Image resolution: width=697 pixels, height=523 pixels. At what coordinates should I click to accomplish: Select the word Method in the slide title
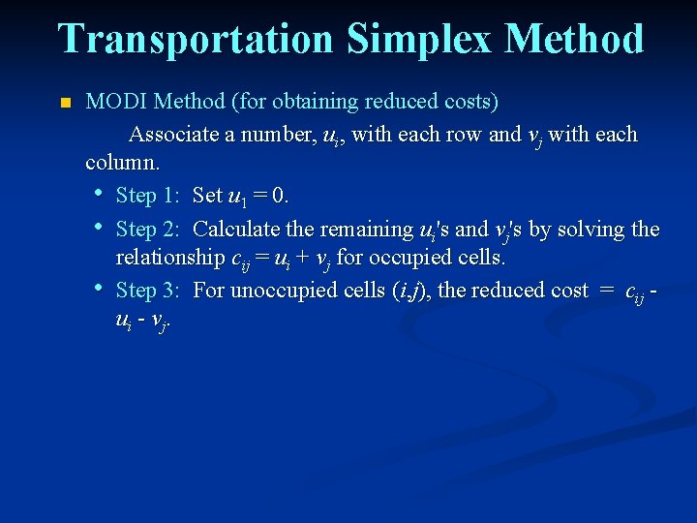(574, 40)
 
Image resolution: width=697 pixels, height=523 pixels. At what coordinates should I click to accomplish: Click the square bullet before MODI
(65, 103)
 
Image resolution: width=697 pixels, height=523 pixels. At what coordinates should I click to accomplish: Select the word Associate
(174, 134)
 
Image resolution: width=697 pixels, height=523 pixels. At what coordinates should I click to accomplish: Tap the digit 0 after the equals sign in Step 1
(279, 196)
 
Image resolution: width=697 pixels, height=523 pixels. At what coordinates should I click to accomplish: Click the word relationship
(169, 260)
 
